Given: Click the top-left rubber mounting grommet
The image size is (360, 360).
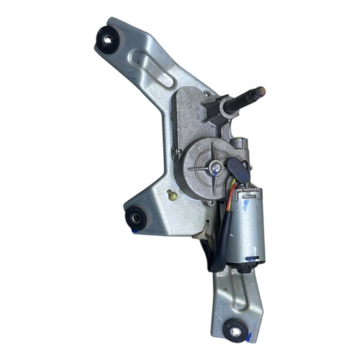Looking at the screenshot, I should [x=107, y=40].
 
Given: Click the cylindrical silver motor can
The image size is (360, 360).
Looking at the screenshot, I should [x=247, y=225].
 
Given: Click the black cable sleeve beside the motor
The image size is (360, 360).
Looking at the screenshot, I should [x=218, y=240].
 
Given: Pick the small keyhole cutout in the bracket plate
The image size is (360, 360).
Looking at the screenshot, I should [x=173, y=195].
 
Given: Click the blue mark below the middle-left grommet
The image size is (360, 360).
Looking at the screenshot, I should [x=137, y=230].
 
